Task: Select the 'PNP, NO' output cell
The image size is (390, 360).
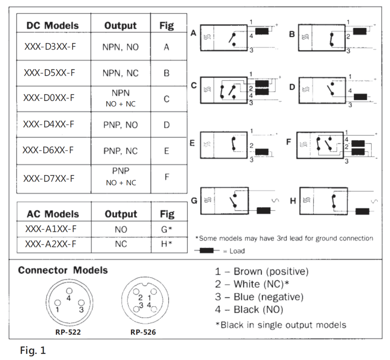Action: (121, 124)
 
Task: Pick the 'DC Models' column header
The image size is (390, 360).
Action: (53, 25)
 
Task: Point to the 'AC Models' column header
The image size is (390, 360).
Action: (53, 214)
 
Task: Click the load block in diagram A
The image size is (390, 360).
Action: (262, 31)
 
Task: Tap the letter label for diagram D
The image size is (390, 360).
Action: (292, 87)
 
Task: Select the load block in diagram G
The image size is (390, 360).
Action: (264, 211)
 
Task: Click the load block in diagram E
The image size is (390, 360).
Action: (262, 152)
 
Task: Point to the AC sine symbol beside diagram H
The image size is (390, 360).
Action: (376, 201)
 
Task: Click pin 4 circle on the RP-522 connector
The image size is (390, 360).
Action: (69, 291)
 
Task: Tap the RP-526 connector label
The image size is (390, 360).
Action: (143, 332)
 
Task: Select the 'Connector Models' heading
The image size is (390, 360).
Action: (63, 270)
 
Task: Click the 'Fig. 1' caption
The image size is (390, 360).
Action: (33, 350)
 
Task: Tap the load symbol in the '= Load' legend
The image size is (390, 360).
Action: (206, 250)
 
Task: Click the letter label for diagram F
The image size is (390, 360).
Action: (289, 142)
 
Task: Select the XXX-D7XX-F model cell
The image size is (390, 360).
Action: (49, 178)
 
